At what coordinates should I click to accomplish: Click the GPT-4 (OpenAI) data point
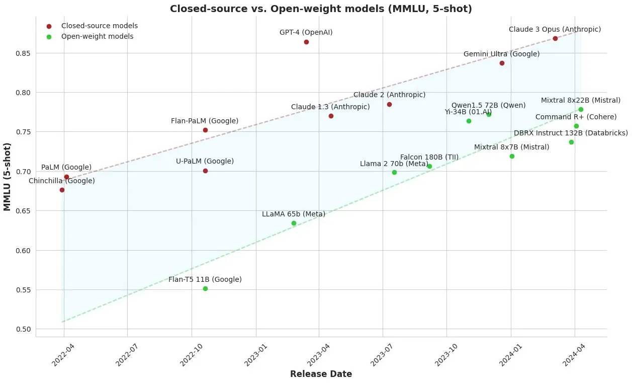(x=306, y=42)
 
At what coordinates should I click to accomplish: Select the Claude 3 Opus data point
(x=555, y=38)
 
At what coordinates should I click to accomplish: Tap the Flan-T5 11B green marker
(x=205, y=288)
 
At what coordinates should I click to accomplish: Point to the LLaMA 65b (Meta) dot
(x=294, y=223)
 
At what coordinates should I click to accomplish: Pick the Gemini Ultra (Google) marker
(x=502, y=63)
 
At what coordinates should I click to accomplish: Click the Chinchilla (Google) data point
(x=62, y=190)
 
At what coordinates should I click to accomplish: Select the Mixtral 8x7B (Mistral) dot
(x=512, y=156)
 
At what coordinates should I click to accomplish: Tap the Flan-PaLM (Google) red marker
(x=205, y=130)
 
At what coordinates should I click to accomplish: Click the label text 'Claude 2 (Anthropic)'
(x=389, y=95)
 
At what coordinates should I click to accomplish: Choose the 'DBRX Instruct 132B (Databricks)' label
(x=571, y=133)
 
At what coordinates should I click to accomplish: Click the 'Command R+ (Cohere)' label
(x=576, y=117)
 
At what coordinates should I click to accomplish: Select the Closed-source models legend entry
(x=99, y=26)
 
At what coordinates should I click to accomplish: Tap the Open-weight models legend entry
(x=97, y=36)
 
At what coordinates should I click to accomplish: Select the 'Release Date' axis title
(x=321, y=374)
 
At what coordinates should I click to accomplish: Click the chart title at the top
(x=321, y=9)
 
